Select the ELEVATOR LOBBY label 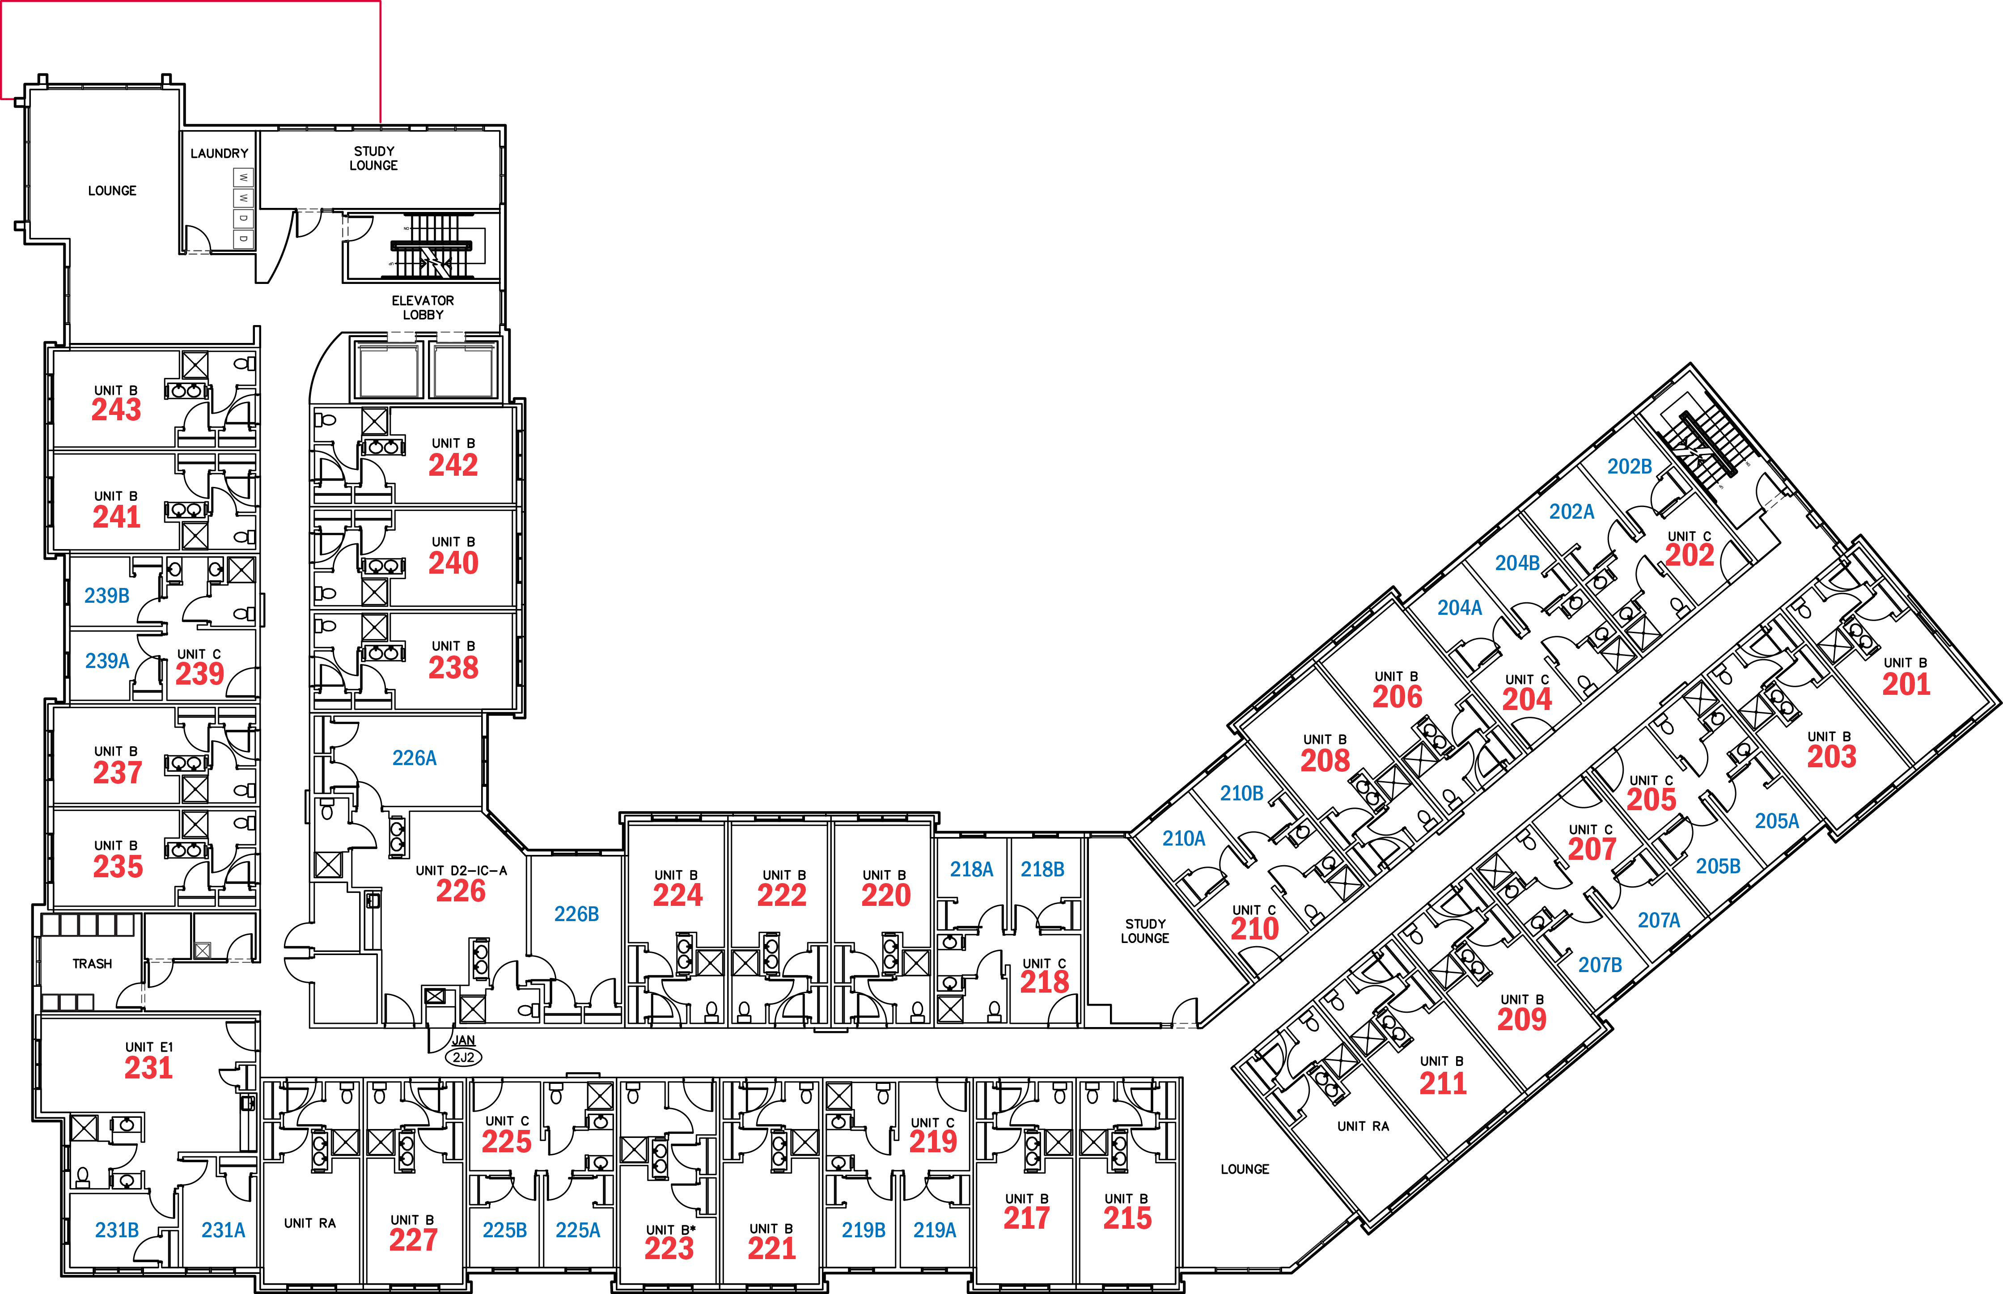click(423, 308)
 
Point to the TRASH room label click(93, 964)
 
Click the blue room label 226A click(414, 758)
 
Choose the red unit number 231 click(149, 1068)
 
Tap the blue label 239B click(107, 596)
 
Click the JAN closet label click(463, 1040)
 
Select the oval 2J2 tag click(463, 1057)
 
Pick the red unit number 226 click(461, 891)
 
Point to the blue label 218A click(971, 870)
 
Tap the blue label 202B click(1629, 466)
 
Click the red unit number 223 click(669, 1249)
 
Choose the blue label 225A click(578, 1230)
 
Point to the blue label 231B click(117, 1230)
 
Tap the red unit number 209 click(1521, 1019)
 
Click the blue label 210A click(1184, 838)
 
